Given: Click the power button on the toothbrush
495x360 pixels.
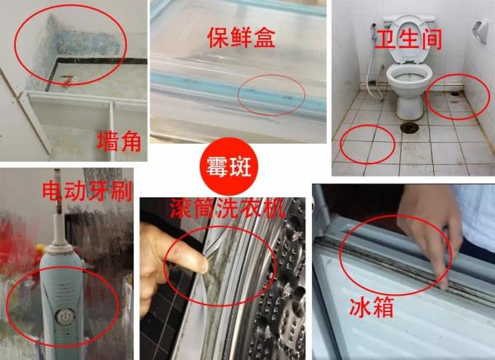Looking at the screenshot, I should [61, 315].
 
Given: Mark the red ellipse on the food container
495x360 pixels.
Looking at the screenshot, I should [277, 96].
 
